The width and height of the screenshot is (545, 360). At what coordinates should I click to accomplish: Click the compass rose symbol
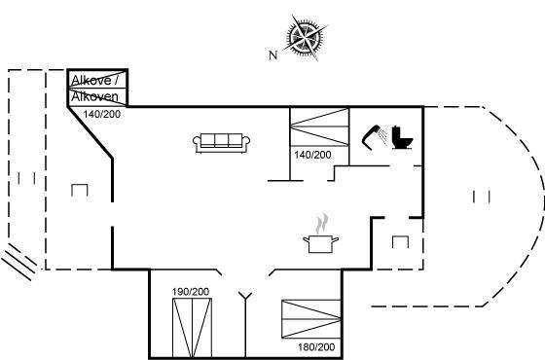click(306, 37)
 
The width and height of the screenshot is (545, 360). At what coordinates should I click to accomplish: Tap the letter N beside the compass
click(273, 54)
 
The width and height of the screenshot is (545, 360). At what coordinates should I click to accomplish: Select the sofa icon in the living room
click(222, 143)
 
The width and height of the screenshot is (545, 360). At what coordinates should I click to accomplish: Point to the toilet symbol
click(402, 137)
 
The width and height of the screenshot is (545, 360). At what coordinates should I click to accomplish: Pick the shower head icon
click(375, 136)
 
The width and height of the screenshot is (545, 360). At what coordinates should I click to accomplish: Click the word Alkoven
click(94, 96)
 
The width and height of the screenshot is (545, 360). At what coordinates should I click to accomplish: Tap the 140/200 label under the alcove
click(102, 114)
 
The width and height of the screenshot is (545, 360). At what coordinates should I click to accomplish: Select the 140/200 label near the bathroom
click(312, 155)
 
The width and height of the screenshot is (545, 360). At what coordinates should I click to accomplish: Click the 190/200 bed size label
click(191, 292)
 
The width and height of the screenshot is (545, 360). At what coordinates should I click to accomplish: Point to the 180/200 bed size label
click(316, 346)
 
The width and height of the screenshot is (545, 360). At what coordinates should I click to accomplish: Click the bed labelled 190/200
click(193, 328)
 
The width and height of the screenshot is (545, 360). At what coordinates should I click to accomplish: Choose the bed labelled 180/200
click(311, 319)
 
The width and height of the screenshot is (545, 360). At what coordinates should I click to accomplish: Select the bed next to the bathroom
click(319, 126)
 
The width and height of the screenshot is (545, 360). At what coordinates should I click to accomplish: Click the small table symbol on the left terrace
click(80, 191)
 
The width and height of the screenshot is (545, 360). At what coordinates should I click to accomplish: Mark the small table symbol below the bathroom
click(400, 242)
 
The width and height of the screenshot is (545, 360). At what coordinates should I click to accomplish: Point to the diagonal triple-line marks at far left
click(19, 262)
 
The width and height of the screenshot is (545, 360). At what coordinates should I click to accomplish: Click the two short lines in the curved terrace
click(482, 197)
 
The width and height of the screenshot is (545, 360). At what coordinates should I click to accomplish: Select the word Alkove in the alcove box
click(91, 81)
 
